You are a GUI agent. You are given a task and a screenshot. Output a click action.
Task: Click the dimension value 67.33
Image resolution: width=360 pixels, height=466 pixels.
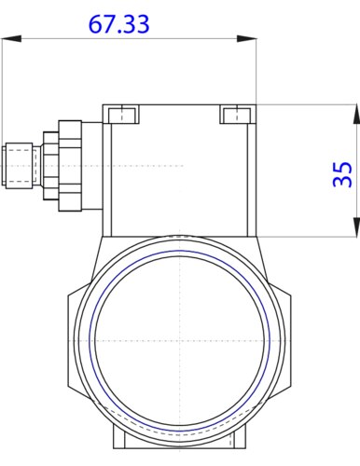pyautogui.click(x=118, y=24)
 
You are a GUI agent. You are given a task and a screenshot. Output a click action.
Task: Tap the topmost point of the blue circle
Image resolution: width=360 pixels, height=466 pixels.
pyautogui.click(x=179, y=250)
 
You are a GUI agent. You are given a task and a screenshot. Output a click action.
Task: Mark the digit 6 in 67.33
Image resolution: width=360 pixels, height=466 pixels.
pyautogui.click(x=96, y=24)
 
